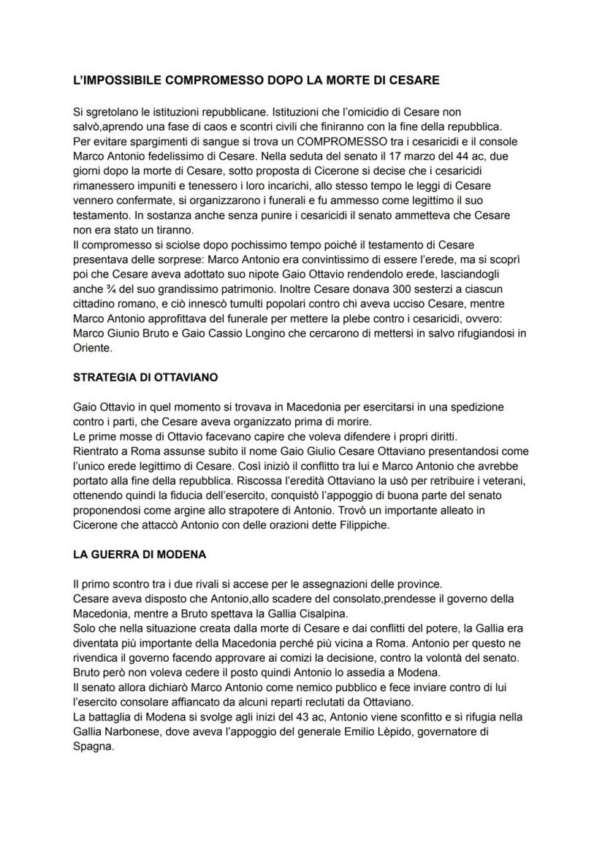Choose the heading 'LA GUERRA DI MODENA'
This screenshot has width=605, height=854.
(x=140, y=554)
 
